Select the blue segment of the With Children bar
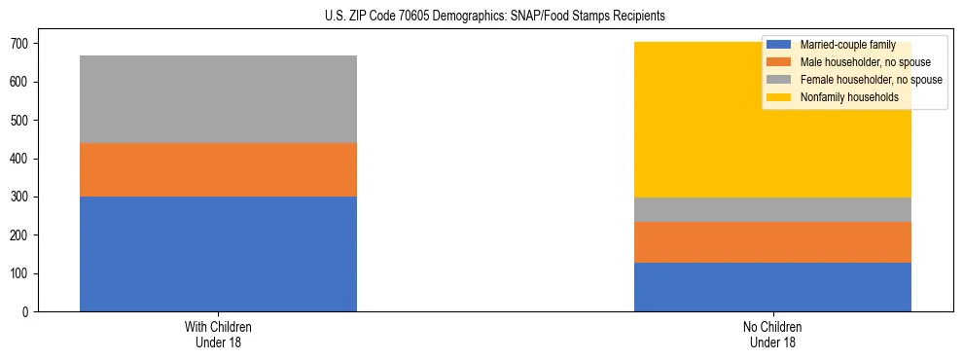218,254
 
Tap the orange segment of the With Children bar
218,170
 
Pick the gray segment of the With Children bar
218,99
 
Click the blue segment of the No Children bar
772,287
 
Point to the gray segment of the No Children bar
772,210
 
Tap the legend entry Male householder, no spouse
855,62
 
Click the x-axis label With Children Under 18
218,334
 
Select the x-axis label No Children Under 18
772,334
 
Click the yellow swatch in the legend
779,97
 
